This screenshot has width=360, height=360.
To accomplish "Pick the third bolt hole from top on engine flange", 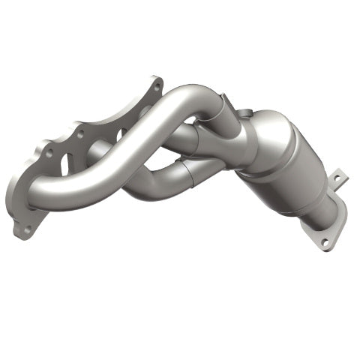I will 49,153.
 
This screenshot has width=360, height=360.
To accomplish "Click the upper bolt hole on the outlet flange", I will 337,179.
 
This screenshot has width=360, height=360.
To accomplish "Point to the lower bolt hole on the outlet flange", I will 324,243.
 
